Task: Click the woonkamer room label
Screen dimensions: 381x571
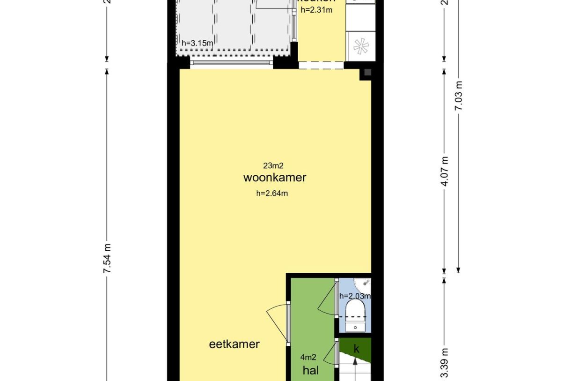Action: pos(275,178)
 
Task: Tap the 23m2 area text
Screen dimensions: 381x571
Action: pos(274,165)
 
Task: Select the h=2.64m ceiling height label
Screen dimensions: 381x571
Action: pos(272,193)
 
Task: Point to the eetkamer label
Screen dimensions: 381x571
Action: pos(234,344)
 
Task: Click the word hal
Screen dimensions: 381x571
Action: pos(311,371)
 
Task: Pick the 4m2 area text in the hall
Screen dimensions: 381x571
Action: pos(308,357)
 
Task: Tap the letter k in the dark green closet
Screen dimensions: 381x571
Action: pos(356,349)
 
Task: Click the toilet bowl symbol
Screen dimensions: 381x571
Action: pos(356,312)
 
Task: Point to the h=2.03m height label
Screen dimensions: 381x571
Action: pos(355,296)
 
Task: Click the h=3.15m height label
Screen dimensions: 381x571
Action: pos(198,44)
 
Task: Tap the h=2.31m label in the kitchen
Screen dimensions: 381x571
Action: pos(316,10)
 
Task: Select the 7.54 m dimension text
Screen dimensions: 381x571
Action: pos(107,259)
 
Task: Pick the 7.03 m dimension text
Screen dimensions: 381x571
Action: pos(459,96)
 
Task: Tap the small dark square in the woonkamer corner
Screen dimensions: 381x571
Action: pos(367,72)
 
